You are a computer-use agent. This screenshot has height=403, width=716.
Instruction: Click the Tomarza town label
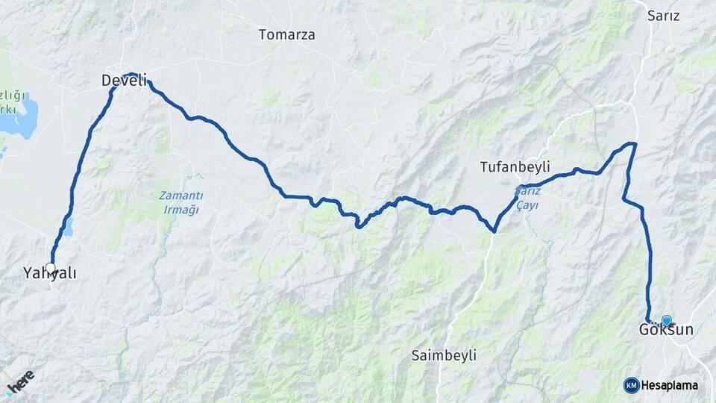tap(286, 34)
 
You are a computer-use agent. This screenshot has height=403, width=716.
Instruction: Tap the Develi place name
tap(124, 81)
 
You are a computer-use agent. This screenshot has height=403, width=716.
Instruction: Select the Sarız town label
tap(663, 16)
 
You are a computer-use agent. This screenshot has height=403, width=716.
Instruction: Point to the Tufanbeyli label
tap(515, 167)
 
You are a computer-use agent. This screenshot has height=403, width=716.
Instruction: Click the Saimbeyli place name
tap(444, 355)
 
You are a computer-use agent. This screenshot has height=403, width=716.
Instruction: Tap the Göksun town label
tap(666, 330)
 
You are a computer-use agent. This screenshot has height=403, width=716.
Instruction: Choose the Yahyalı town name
tap(49, 274)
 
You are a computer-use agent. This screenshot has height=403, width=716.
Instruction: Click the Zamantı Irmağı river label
tap(180, 202)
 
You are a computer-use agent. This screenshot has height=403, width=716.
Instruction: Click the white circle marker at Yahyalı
tap(50, 267)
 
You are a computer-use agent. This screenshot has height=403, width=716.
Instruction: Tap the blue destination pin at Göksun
tap(666, 320)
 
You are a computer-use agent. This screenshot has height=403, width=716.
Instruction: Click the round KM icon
tap(631, 385)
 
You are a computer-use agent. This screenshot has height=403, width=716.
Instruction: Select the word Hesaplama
tap(669, 386)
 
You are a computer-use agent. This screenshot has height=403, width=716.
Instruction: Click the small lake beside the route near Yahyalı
tap(68, 226)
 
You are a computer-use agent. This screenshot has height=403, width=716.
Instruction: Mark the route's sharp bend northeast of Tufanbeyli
tap(634, 143)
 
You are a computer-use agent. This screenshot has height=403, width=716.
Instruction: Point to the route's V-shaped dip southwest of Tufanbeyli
tap(494, 231)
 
